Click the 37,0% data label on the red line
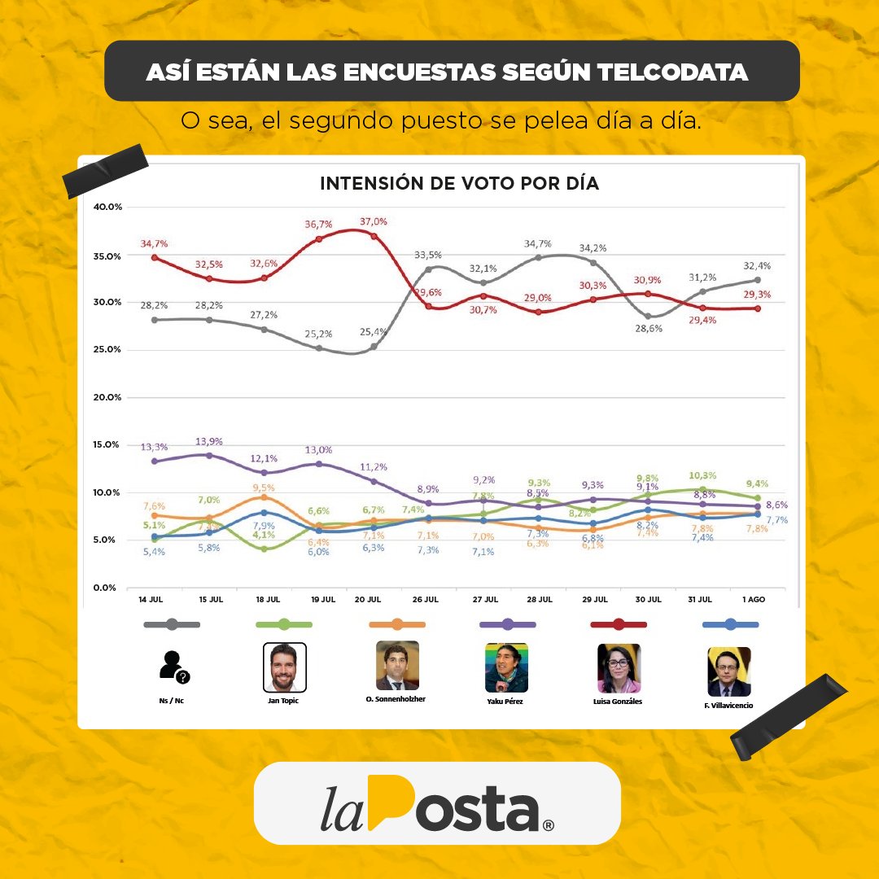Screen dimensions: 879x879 [x=374, y=221]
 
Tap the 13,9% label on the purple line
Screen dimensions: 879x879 [x=209, y=441]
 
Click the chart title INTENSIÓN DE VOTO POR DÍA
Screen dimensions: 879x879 [x=459, y=184]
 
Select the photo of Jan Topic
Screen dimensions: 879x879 [x=285, y=667]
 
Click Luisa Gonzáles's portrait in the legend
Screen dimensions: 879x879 [x=619, y=667]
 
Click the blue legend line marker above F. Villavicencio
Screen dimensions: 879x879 [x=730, y=624]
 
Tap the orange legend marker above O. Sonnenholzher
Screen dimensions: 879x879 [x=397, y=624]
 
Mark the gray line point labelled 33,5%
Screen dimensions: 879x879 [x=428, y=269]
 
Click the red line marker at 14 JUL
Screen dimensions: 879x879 [x=155, y=258]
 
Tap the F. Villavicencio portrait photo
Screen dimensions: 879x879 [x=729, y=671]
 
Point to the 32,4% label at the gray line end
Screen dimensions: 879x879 [x=757, y=266]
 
